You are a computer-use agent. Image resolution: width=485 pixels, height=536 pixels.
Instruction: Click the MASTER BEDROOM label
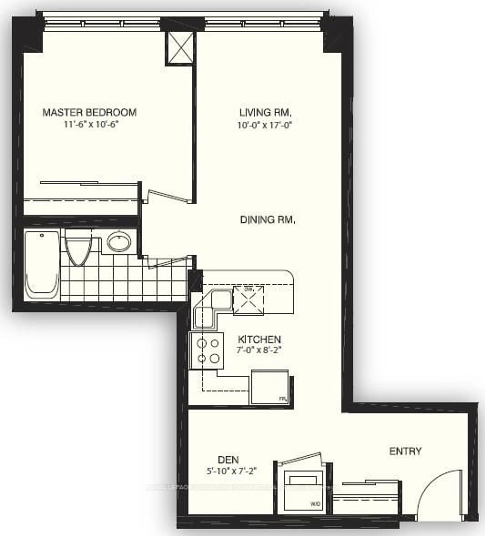tap(90, 112)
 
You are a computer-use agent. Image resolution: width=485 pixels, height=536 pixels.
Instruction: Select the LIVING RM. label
tap(265, 113)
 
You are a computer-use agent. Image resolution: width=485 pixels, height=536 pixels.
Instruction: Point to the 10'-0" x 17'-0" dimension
tap(265, 125)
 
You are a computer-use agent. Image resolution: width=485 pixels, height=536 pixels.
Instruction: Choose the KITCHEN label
tap(259, 340)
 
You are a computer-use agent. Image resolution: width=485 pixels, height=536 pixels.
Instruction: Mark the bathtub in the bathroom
tap(42, 263)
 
